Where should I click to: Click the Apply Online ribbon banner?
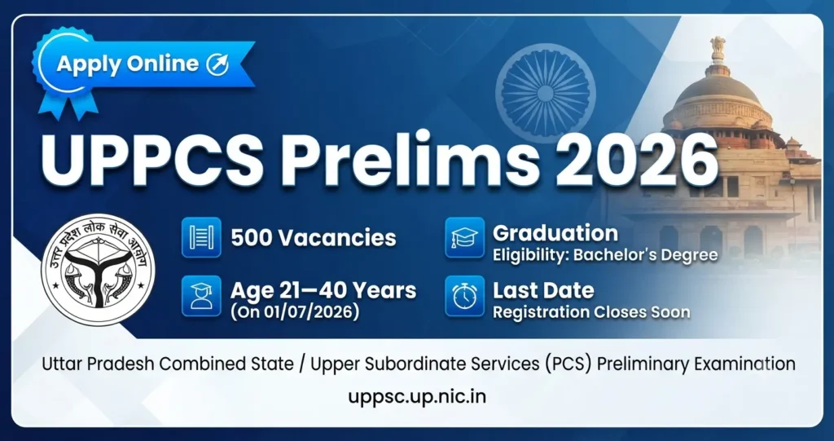tap(143, 64)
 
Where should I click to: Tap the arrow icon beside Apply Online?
tap(217, 64)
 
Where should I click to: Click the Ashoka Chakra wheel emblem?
tap(545, 94)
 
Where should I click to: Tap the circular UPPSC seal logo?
tap(98, 270)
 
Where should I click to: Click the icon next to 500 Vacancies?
tap(201, 237)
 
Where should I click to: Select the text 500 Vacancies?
tap(314, 237)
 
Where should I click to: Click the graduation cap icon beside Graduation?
tap(465, 237)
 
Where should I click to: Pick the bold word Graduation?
tap(555, 233)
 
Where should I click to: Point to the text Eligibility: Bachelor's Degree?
tap(605, 254)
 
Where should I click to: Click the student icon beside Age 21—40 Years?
tap(201, 296)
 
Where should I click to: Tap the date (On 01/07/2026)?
tap(294, 311)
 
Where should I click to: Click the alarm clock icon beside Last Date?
tap(465, 296)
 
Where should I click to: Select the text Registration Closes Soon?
tap(591, 312)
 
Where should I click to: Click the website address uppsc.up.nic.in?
tap(417, 397)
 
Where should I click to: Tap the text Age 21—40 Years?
tap(323, 291)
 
